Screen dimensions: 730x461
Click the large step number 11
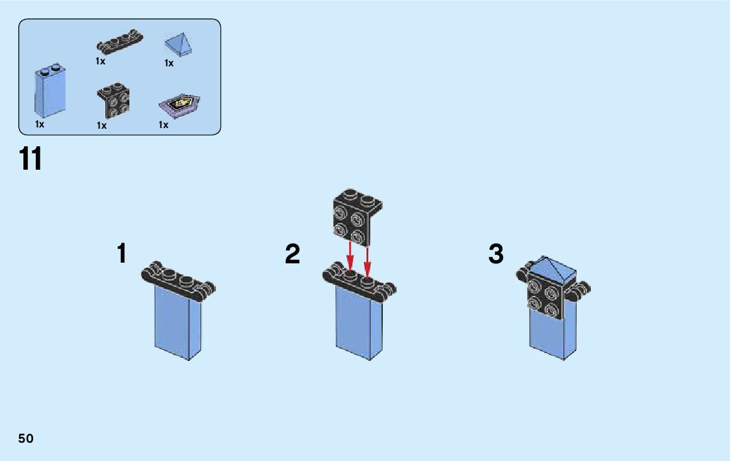pos(31,159)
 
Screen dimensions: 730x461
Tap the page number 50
pos(26,438)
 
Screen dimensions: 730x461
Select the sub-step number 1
pos(122,254)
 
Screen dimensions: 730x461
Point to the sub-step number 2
pos(293,254)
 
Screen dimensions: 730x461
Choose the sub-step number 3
pos(496,254)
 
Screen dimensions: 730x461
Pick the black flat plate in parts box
pos(120,45)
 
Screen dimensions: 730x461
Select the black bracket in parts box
pos(113,101)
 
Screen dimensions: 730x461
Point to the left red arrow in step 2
pos(350,254)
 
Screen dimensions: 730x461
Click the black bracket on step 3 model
pos(544,296)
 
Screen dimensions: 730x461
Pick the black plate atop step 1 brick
pos(178,281)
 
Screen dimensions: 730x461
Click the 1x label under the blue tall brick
pos(40,124)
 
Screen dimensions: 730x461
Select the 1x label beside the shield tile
pos(163,124)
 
